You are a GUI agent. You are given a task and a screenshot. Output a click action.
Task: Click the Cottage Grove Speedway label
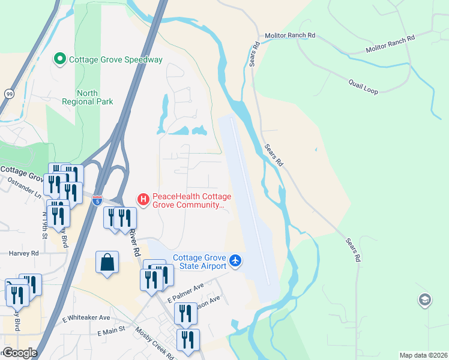coord(116,59)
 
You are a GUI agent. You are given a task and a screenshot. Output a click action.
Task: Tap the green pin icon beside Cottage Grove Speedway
coord(60,59)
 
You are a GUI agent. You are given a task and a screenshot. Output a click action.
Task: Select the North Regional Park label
coord(88,97)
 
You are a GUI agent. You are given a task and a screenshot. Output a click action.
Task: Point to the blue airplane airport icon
coord(235,261)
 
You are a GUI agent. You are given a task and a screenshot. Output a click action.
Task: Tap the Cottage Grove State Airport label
coord(199,262)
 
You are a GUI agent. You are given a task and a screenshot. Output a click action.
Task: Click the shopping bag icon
coord(106,262)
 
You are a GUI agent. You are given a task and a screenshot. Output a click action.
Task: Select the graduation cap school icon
coord(424,299)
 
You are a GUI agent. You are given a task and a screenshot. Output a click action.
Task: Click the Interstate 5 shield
coord(98,198)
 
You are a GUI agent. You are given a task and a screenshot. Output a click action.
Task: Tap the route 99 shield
coord(9,94)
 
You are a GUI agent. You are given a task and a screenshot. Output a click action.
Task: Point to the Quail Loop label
coord(363,88)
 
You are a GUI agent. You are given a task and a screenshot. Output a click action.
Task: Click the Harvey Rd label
coord(23,253)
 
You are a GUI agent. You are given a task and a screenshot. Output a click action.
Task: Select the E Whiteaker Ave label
coord(86,317)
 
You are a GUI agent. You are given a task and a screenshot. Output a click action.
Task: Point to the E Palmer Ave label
coord(186,293)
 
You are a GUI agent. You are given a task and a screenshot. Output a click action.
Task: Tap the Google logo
coord(20,353)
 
